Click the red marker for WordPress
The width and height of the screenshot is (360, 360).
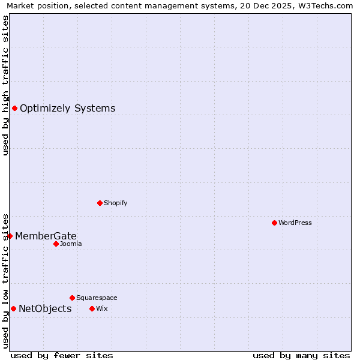click(274, 223)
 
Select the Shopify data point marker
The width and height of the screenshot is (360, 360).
click(100, 203)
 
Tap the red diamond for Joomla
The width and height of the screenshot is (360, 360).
click(56, 244)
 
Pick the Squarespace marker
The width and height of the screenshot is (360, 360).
click(72, 298)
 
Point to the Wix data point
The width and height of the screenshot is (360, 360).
click(92, 308)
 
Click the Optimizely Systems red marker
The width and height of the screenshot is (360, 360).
click(14, 108)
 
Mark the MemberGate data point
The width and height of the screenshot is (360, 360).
click(10, 236)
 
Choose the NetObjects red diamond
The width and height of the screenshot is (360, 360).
click(13, 308)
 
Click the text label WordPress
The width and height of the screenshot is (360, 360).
click(295, 223)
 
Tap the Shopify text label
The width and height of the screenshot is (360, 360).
click(116, 203)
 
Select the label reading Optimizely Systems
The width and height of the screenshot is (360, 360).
click(67, 109)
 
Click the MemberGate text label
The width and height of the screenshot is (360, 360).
click(46, 236)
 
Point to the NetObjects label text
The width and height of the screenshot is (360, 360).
click(45, 309)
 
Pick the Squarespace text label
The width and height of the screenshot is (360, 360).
click(97, 298)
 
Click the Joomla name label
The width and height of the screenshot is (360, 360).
click(71, 244)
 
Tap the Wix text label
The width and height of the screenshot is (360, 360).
click(101, 308)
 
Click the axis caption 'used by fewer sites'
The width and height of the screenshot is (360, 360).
click(62, 355)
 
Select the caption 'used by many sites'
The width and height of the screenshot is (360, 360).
click(301, 355)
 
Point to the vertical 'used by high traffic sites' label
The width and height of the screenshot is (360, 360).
click(6, 85)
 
